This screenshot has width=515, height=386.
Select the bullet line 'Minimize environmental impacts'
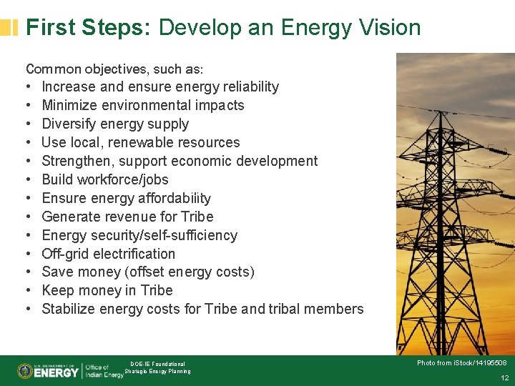tap(143, 105)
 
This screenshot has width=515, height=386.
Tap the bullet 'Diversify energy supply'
tap(115, 124)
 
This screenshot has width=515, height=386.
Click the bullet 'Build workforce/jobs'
tap(105, 179)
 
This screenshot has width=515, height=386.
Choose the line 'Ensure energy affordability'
tap(127, 198)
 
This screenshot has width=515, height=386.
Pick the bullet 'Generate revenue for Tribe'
tap(127, 217)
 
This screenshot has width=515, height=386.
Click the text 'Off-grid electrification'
tap(108, 254)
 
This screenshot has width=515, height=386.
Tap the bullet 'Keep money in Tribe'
tap(107, 290)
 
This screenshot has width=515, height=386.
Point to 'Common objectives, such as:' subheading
tap(114, 69)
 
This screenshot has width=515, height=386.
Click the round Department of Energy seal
tap(25, 371)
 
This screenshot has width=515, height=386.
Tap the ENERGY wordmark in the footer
tap(57, 372)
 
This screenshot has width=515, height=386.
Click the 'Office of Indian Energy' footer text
tap(104, 371)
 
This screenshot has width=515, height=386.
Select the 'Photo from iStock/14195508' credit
tap(461, 363)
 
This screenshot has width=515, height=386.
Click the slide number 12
tap(504, 377)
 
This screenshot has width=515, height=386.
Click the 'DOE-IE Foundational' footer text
tap(157, 364)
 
